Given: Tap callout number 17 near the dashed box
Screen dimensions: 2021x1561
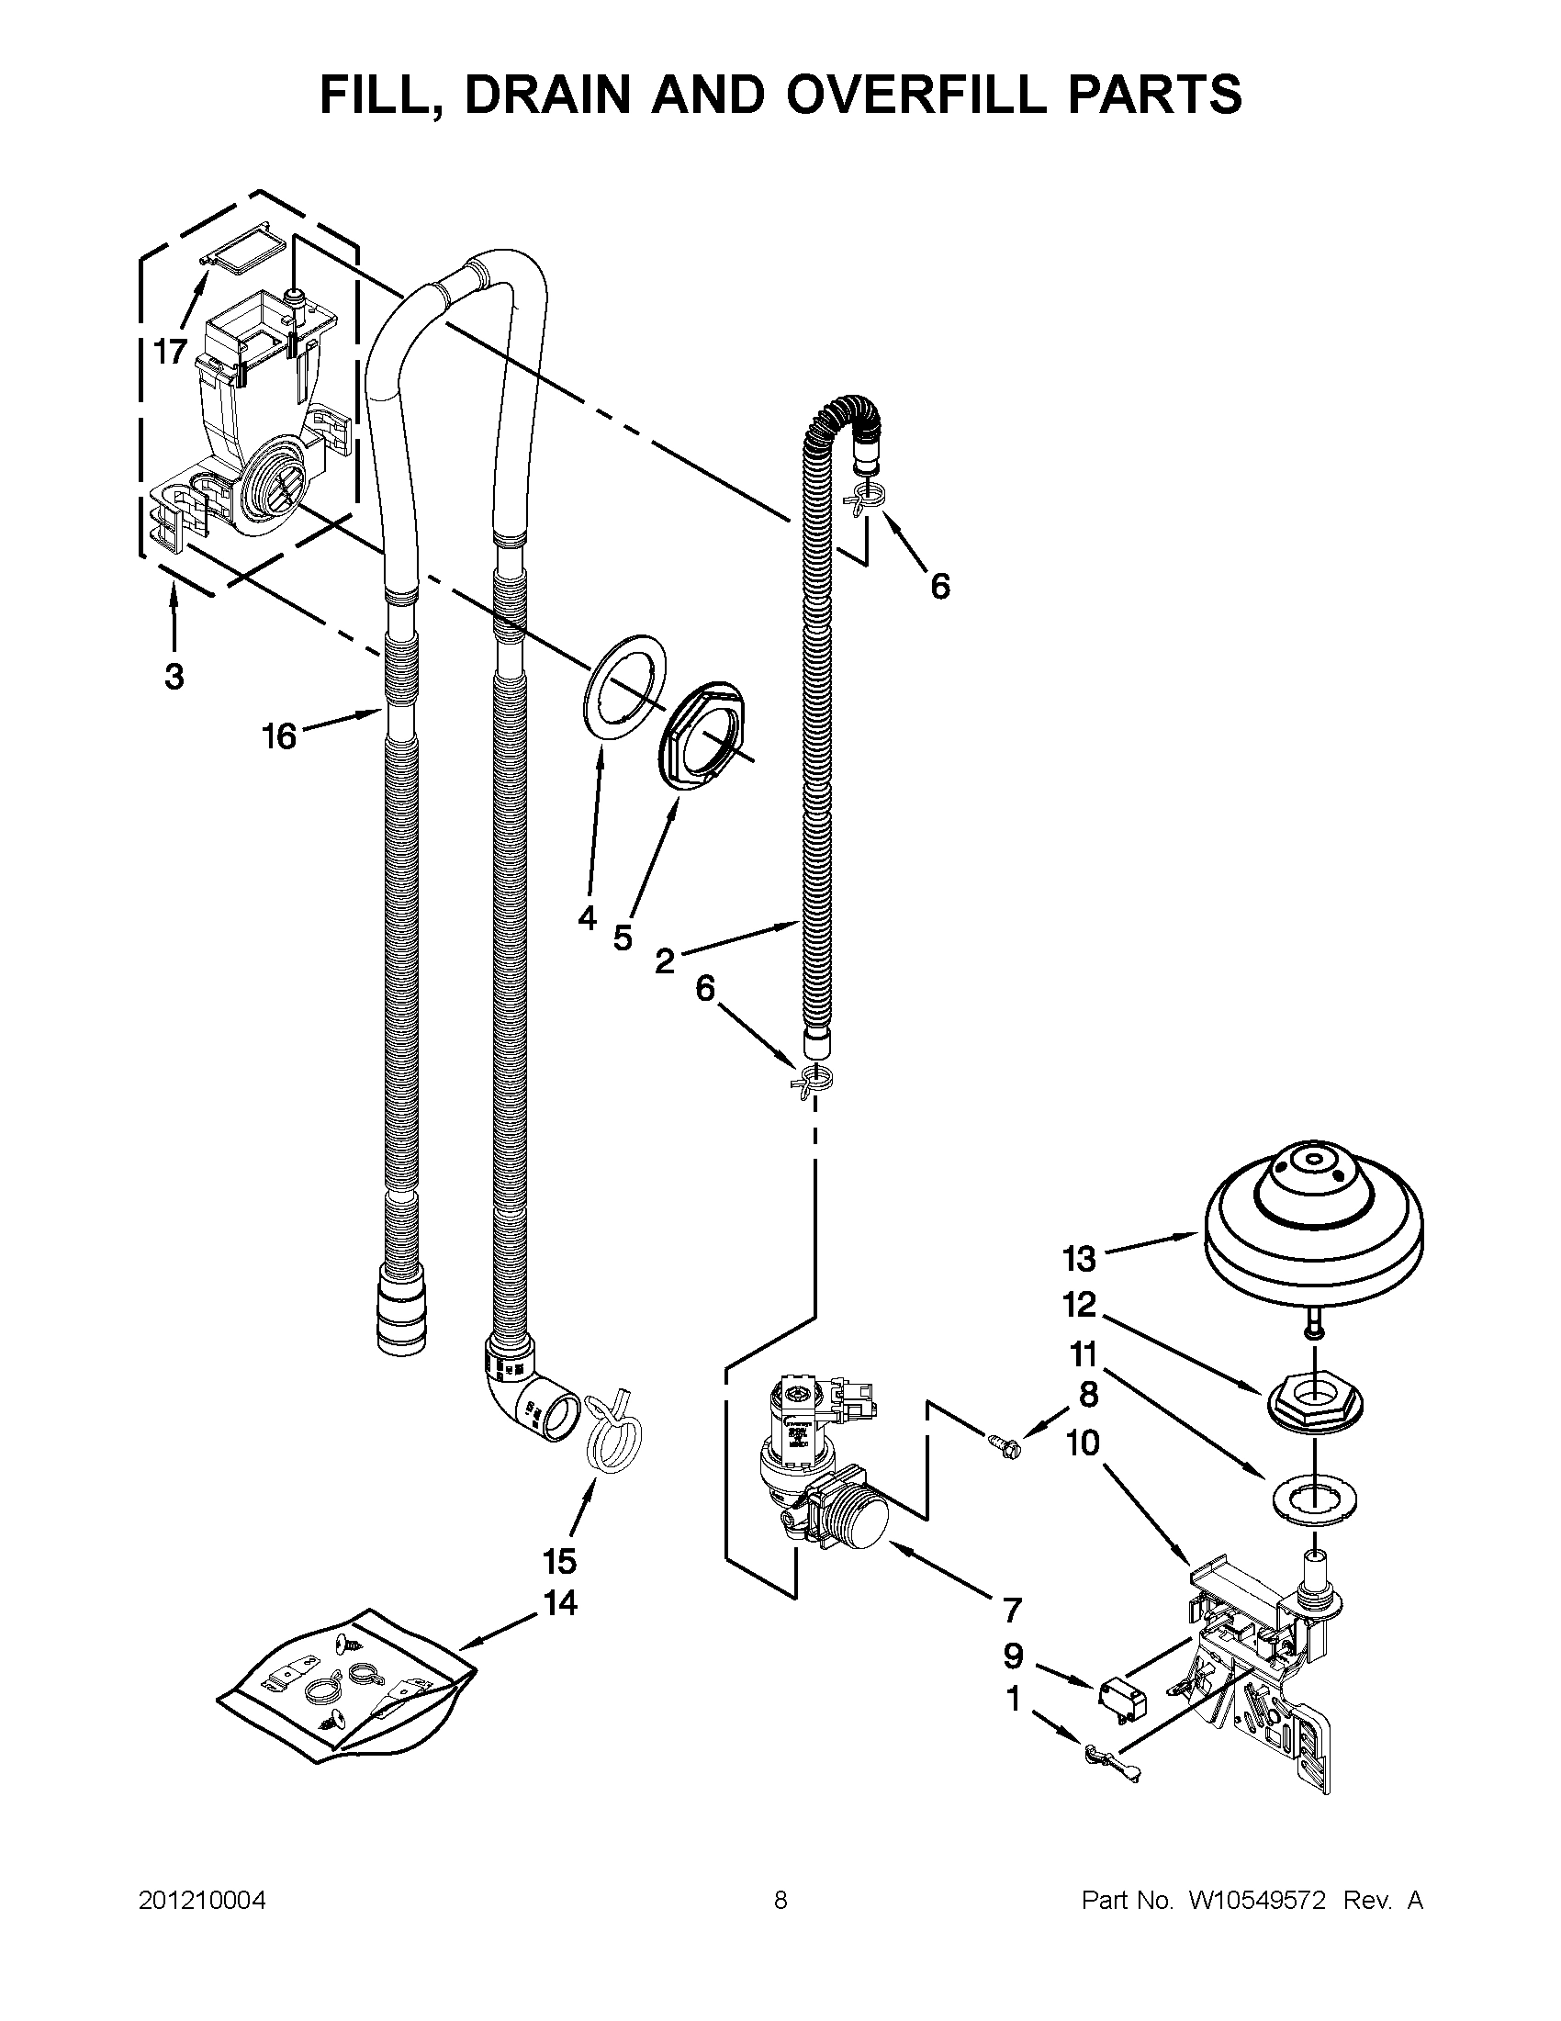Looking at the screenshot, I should click(170, 352).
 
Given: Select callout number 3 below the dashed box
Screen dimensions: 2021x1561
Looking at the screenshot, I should click(174, 677).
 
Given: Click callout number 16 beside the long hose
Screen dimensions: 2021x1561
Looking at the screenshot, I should click(278, 736).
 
